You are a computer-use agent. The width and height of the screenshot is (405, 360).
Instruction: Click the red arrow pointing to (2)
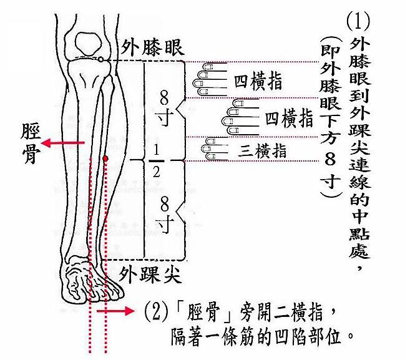click(x=119, y=310)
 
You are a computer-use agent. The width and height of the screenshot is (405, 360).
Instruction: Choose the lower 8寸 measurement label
click(x=165, y=212)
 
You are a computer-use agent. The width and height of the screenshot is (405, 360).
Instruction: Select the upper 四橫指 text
click(x=257, y=81)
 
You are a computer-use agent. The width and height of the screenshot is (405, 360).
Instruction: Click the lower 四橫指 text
click(x=288, y=119)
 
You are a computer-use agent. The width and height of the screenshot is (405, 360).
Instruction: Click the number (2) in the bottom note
click(x=154, y=309)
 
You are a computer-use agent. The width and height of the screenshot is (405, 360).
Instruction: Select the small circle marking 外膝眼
click(x=100, y=59)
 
